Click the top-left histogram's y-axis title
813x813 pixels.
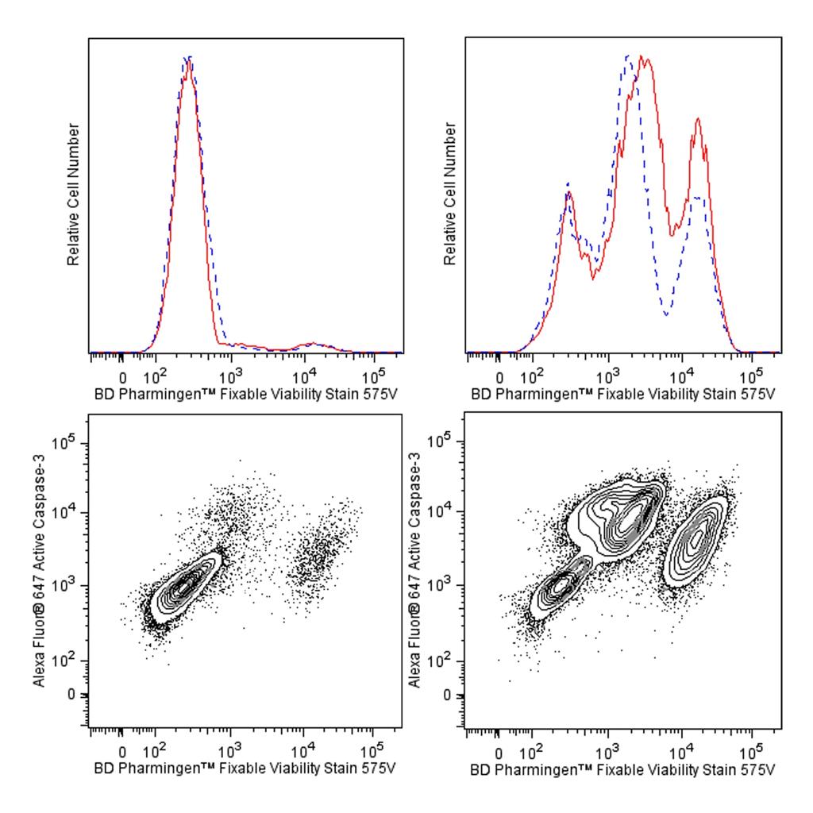(74, 195)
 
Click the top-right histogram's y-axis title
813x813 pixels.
(450, 195)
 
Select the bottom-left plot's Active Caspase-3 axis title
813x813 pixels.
(38, 569)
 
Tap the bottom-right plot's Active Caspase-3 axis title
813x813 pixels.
(414, 569)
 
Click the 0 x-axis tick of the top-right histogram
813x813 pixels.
(499, 377)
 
